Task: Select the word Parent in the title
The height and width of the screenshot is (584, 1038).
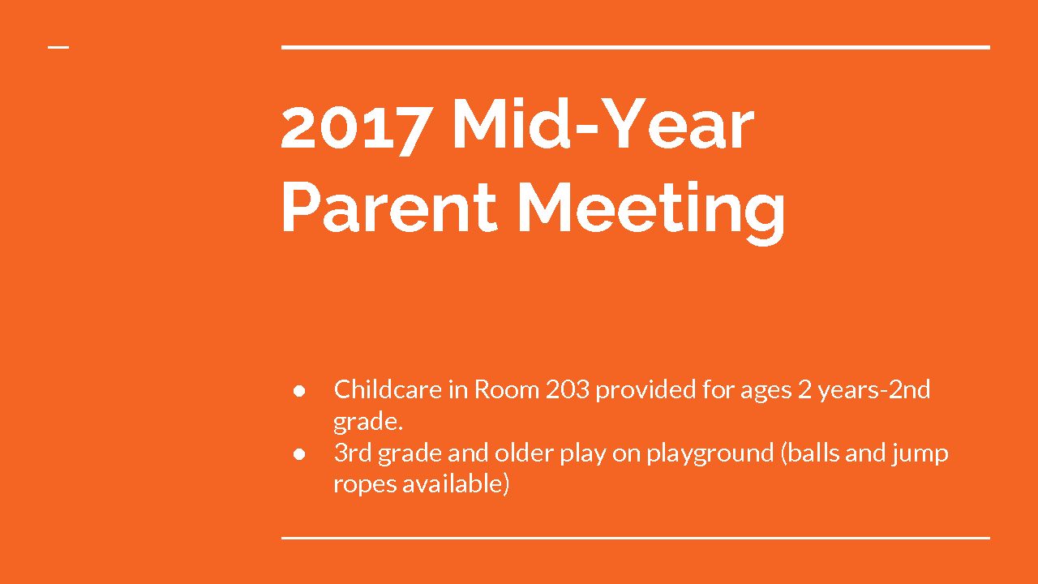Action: [x=389, y=206]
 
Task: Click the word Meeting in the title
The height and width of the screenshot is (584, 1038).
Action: [x=651, y=213]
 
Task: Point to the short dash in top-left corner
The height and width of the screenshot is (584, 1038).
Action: [x=58, y=47]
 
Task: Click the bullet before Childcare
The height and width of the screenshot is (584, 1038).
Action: [x=299, y=391]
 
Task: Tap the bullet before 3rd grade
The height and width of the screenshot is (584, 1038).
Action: [x=299, y=454]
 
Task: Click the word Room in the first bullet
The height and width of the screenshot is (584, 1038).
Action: [x=507, y=390]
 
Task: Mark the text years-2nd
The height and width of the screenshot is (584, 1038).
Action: [x=874, y=392]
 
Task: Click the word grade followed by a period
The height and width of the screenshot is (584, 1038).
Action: [x=368, y=423]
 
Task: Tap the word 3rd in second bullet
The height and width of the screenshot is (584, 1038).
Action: [x=353, y=453]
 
